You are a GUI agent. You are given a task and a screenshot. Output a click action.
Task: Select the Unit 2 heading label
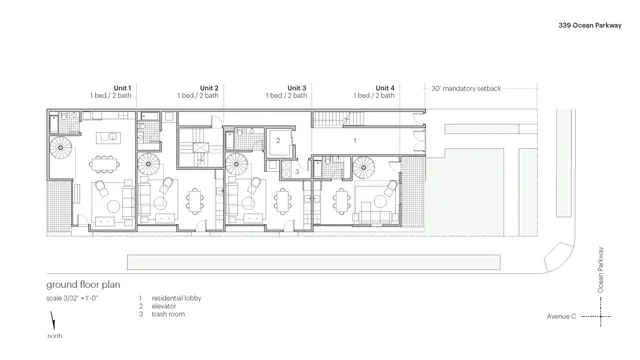[x=209, y=88]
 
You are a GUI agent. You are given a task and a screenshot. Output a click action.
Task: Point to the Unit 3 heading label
[x=297, y=88]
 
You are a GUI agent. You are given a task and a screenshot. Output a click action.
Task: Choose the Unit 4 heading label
[x=385, y=88]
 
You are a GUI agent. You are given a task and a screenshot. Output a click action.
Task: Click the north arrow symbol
[x=52, y=324]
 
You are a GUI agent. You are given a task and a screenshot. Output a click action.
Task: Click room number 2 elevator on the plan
[x=278, y=141]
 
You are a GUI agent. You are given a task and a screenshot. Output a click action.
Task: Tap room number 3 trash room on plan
[x=297, y=172]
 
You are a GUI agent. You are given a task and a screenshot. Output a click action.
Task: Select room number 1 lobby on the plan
[x=355, y=141]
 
